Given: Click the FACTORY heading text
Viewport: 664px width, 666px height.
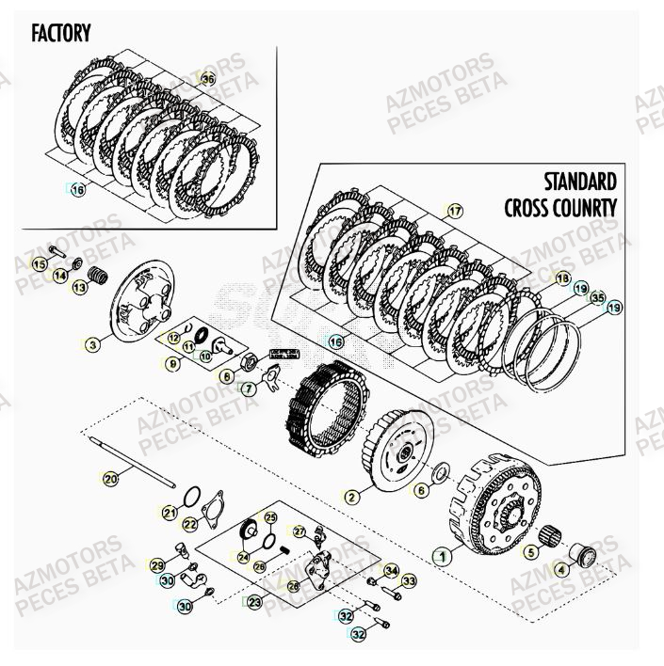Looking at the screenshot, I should pyautogui.click(x=61, y=34).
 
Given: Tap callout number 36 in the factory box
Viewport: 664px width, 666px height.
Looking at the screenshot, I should pyautogui.click(x=208, y=80).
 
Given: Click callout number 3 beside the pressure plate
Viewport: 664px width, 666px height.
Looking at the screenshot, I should pyautogui.click(x=91, y=344).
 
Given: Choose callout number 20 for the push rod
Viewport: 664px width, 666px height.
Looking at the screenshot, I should pyautogui.click(x=111, y=479).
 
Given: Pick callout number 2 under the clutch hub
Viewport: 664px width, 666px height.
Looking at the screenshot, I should pyautogui.click(x=351, y=496).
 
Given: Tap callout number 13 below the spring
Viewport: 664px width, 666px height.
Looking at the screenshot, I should pyautogui.click(x=79, y=287).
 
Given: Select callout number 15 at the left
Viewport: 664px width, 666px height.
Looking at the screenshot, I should pyautogui.click(x=39, y=265).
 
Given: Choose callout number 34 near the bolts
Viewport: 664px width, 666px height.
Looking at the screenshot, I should pyautogui.click(x=391, y=570).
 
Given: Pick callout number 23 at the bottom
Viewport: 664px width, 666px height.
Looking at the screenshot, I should pyautogui.click(x=254, y=601).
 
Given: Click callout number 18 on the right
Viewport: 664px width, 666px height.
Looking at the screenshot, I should pyautogui.click(x=562, y=278).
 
